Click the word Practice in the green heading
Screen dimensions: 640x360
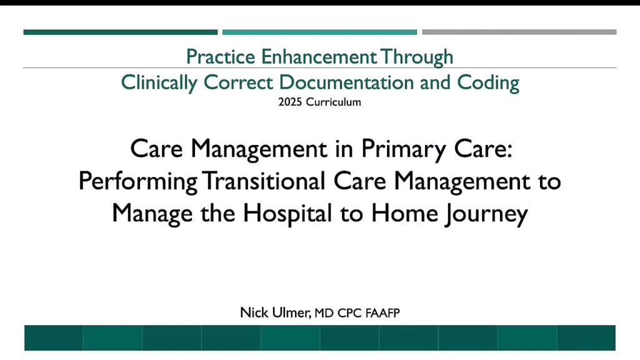coord(221,57)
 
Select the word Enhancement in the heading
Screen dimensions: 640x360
coord(319,57)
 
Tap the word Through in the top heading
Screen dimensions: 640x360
coord(417,57)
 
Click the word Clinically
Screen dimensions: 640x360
coord(159,83)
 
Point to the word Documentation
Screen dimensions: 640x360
coord(346,82)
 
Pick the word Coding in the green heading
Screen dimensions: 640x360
coord(488,83)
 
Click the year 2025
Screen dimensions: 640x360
coord(290,102)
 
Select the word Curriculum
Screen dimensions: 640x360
coord(334,102)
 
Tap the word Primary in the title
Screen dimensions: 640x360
coord(404,149)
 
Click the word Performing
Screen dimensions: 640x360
coord(138,182)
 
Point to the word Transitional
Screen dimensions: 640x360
coord(264,181)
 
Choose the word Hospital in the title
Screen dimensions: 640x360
coord(287,214)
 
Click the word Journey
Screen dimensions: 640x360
coord(486,214)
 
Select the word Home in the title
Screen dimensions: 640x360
coord(404,213)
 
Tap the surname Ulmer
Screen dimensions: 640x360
coord(291,313)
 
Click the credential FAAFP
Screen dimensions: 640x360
coord(382,314)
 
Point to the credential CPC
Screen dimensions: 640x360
coord(350,314)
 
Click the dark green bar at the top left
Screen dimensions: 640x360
coord(121,32)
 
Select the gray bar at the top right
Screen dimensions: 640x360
coord(519,32)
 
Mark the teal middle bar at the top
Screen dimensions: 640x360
coord(319,32)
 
